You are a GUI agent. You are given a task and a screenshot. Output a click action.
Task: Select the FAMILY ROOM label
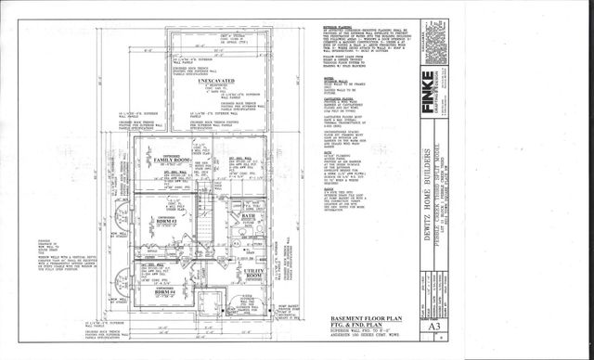click(x=166, y=161)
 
